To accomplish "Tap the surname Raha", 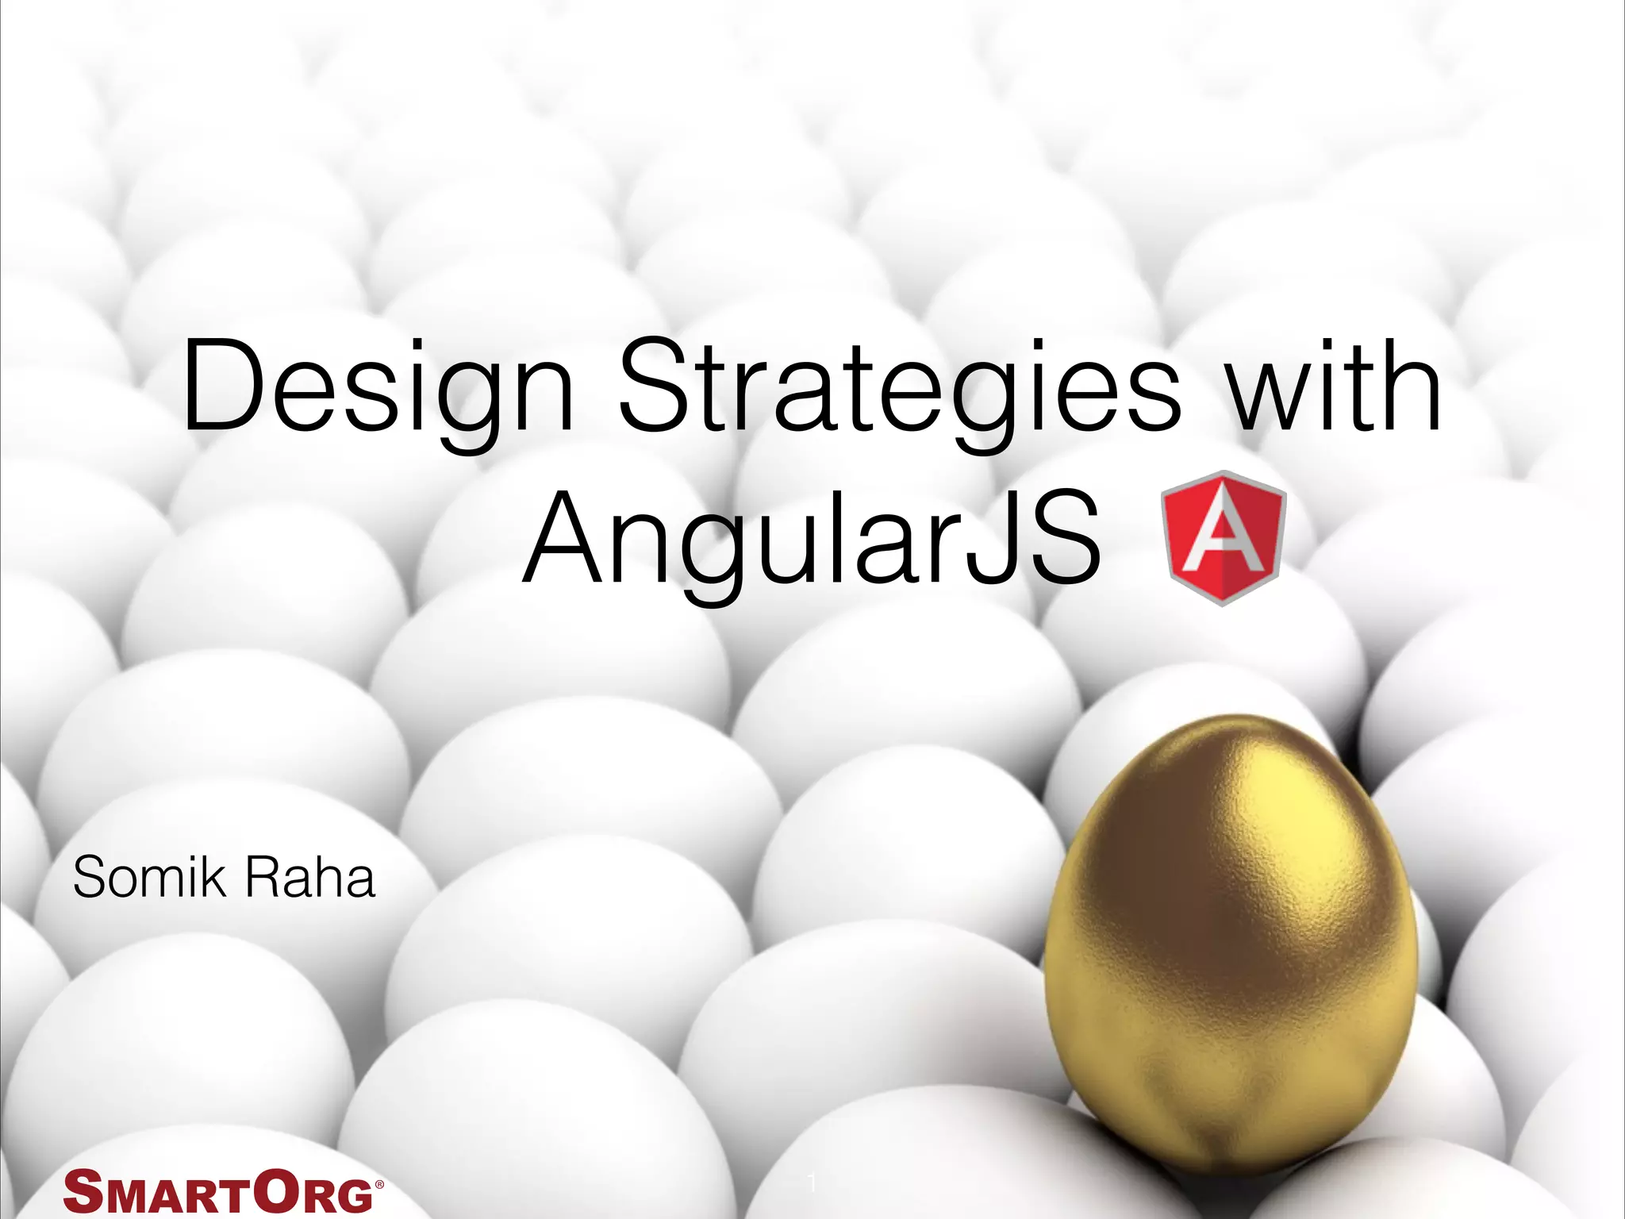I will pos(309,879).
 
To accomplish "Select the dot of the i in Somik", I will pos(201,859).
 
